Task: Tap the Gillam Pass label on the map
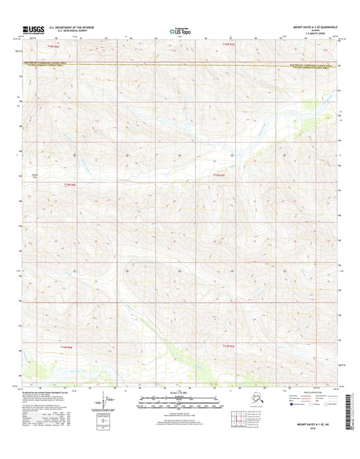tap(35, 178)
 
